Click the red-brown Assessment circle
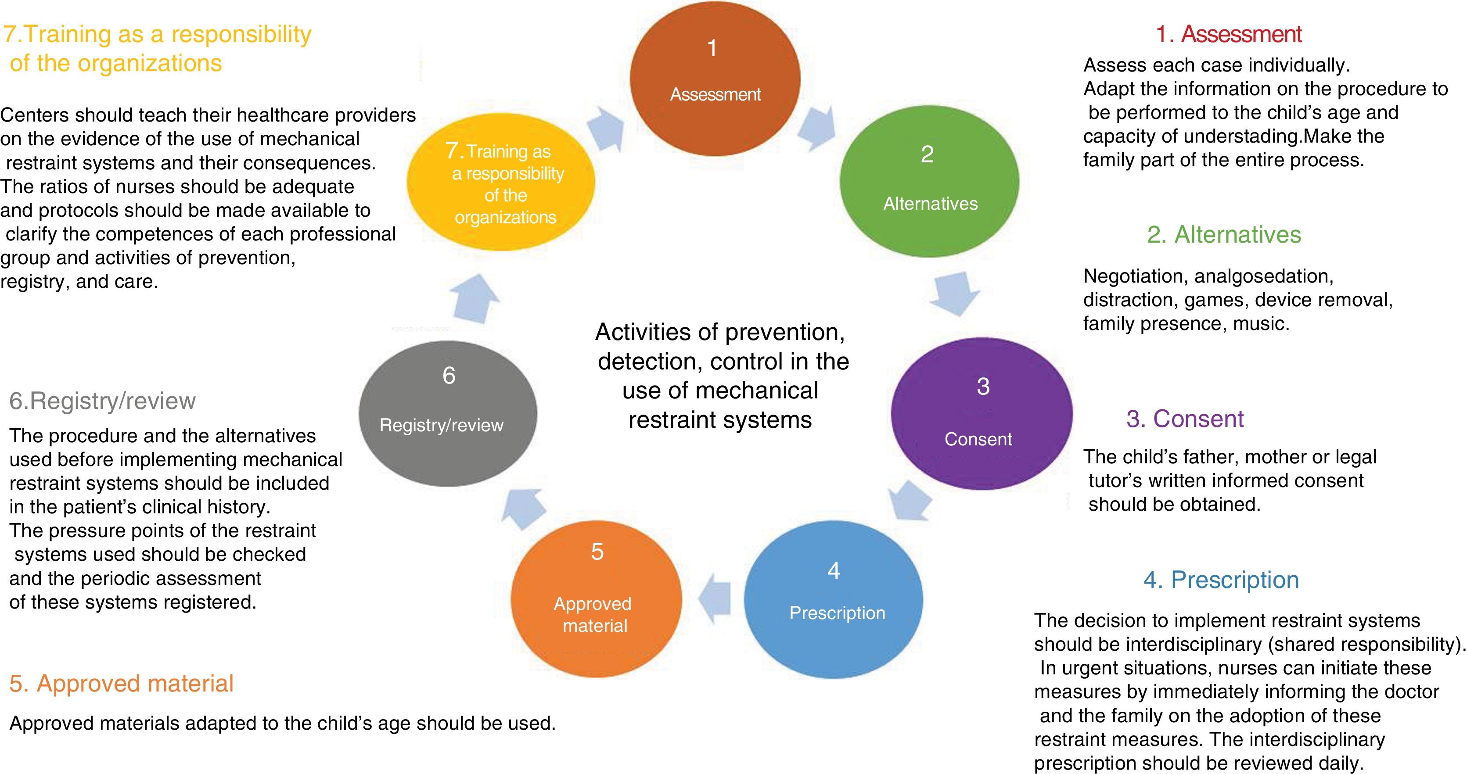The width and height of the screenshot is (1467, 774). pos(715,78)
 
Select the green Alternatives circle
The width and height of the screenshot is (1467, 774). pos(929,181)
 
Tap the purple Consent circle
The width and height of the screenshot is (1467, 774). pos(981,414)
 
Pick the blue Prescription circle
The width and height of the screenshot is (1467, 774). pos(833,599)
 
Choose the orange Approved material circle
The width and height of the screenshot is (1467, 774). pos(596,599)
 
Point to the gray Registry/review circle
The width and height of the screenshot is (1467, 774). pos(448,414)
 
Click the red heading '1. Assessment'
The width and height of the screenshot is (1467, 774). pos(1229,34)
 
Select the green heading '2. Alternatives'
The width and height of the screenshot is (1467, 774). pos(1224,234)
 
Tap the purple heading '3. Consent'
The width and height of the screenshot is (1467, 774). pos(1185,419)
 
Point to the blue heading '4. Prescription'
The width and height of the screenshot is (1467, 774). pos(1221,580)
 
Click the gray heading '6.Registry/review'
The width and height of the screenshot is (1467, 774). pos(103,401)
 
